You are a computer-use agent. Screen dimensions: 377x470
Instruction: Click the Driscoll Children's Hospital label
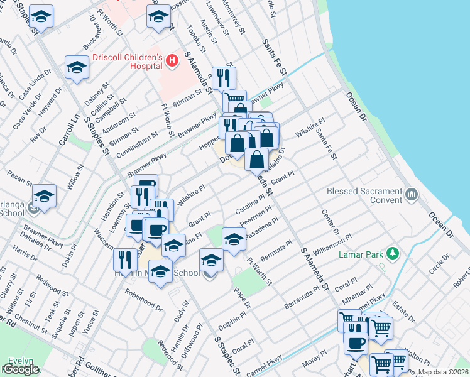(x=128, y=62)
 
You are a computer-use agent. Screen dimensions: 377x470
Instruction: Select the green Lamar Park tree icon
(x=393, y=253)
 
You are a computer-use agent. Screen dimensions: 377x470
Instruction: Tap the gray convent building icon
(x=411, y=193)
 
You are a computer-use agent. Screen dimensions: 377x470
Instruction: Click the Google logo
(x=21, y=369)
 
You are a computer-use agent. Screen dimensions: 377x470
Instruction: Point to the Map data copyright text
(x=444, y=372)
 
